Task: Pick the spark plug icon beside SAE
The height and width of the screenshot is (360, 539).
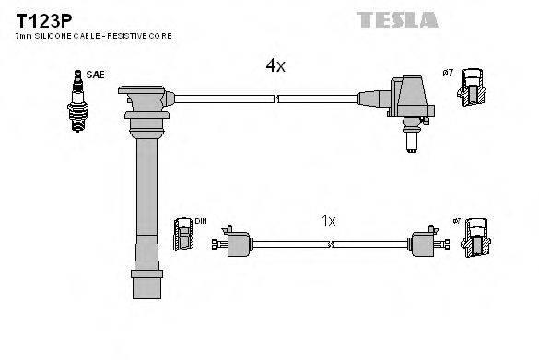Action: click(x=77, y=102)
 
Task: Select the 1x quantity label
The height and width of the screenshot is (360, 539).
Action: click(x=329, y=221)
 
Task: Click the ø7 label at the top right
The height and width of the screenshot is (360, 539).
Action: click(x=449, y=72)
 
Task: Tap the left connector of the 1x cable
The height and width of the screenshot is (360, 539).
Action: click(x=235, y=245)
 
